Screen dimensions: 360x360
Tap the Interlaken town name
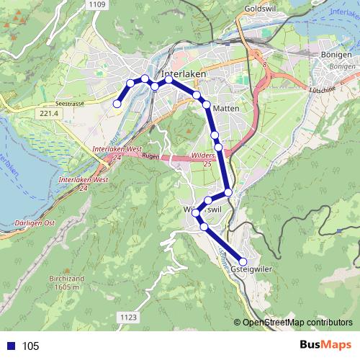tap(184, 74)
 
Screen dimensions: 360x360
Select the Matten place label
tap(225, 108)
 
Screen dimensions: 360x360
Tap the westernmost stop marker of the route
tap(117, 104)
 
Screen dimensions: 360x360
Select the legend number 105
tap(30, 346)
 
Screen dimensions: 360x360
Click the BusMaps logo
tap(325, 345)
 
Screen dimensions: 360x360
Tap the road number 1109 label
tap(99, 5)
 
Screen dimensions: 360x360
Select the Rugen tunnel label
tap(150, 156)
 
